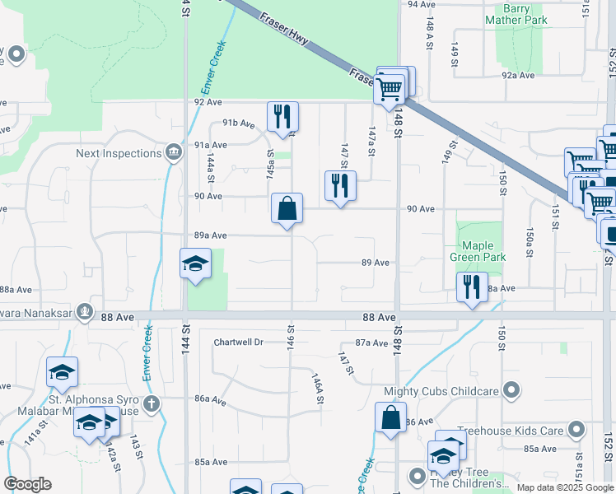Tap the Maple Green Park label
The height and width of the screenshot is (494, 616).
(x=478, y=251)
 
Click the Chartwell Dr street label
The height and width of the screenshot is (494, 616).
(x=238, y=342)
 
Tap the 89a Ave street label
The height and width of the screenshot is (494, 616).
(x=210, y=235)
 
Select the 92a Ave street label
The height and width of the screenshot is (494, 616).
(x=519, y=75)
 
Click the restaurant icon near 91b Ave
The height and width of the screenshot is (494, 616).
(x=282, y=117)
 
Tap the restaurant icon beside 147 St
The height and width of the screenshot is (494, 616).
(x=340, y=186)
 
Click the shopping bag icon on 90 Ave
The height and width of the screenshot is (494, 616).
(x=287, y=209)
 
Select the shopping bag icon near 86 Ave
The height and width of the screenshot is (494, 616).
(x=390, y=417)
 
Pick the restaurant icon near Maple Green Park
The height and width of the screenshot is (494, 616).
(x=472, y=288)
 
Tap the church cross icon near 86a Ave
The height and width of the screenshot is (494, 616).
(x=150, y=403)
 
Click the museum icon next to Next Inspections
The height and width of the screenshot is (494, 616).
(x=174, y=152)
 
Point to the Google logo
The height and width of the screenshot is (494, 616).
(x=27, y=484)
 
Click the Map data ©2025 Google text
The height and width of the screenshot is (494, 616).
(x=564, y=487)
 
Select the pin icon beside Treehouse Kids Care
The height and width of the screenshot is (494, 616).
(x=576, y=430)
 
